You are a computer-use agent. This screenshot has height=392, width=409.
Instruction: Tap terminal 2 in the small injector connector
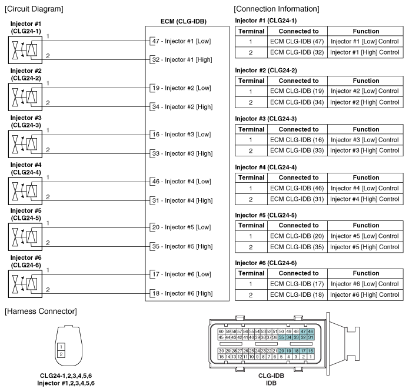pos(61,354)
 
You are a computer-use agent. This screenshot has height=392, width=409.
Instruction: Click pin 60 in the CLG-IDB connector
pos(221,331)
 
